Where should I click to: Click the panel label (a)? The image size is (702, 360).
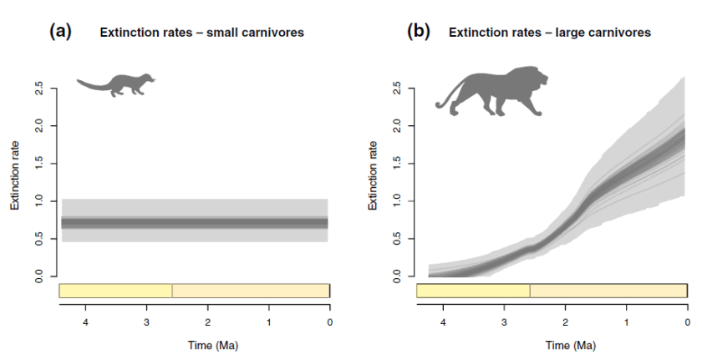[x=61, y=32]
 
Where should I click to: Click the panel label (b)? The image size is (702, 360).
[x=418, y=32]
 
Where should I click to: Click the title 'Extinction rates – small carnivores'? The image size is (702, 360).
[x=201, y=33]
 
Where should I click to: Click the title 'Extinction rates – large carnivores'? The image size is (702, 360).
[x=550, y=33]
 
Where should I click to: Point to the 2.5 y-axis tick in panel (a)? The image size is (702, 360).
[x=40, y=88]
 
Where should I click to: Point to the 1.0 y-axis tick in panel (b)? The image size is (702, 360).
[x=398, y=200]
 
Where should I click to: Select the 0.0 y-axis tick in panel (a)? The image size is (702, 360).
[x=40, y=276]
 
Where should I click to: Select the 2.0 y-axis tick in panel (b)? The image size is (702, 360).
[x=398, y=125]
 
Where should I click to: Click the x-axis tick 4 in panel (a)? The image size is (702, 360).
[x=85, y=322]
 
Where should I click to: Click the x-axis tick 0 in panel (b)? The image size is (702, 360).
[x=687, y=322]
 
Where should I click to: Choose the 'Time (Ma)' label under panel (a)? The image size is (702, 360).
[x=195, y=344]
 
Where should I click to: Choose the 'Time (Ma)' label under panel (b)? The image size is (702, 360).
[x=552, y=344]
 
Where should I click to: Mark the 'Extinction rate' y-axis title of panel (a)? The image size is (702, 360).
[x=15, y=181]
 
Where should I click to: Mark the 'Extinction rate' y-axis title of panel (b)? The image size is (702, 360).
[x=373, y=181]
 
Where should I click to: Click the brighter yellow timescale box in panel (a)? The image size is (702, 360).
[x=115, y=291]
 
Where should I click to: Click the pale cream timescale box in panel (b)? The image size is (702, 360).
[x=608, y=291]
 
